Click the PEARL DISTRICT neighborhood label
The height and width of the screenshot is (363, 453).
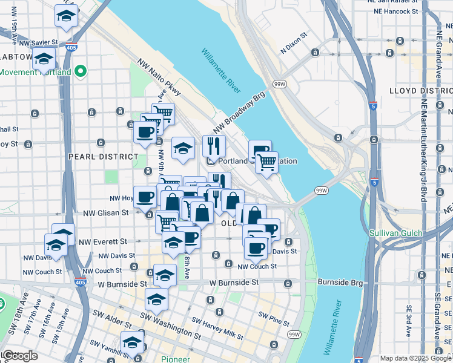[104, 156]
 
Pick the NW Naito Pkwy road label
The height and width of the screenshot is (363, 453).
[159, 77]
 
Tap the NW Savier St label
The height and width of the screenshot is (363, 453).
[38, 43]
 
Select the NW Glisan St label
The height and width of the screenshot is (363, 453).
[106, 212]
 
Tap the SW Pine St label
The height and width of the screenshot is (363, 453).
[271, 315]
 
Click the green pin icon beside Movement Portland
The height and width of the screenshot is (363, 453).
[80, 72]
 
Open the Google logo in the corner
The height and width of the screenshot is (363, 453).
[19, 356]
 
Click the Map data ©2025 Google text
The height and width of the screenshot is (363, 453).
[416, 358]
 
